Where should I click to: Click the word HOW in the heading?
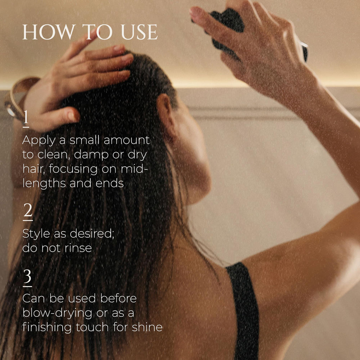pos(49,32)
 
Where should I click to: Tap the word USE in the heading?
pos(139,32)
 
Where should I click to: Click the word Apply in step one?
pos(39,141)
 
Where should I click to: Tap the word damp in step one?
pos(91,155)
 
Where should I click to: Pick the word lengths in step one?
pos(44,184)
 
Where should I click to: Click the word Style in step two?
pos(36,234)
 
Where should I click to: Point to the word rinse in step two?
pos(78,248)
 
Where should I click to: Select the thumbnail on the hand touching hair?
pos(73,116)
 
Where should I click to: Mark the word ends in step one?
pos(110,184)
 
